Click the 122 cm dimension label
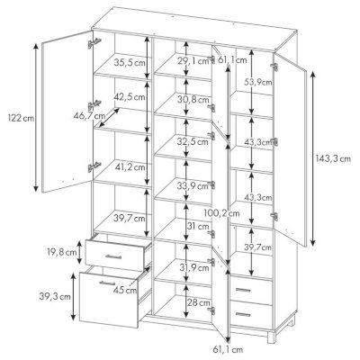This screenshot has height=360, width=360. click(x=22, y=118)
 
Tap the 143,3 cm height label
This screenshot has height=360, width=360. click(x=333, y=158)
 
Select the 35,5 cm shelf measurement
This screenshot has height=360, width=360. click(x=130, y=63)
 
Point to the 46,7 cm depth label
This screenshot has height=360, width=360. click(x=89, y=115)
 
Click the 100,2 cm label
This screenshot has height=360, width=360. click(x=221, y=213)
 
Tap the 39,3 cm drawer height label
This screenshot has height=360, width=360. click(x=55, y=297)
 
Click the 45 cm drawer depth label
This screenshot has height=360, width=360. click(x=125, y=290)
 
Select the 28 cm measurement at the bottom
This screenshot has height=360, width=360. click(x=199, y=302)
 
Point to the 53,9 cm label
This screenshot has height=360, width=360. click(x=258, y=82)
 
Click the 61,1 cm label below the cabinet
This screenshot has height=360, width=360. click(x=228, y=349)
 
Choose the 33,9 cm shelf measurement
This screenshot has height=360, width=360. click(x=193, y=186)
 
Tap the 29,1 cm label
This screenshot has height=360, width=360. click(x=193, y=61)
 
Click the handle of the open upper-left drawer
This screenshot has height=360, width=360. click(x=113, y=256)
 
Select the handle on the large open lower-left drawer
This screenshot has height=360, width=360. click(x=107, y=283)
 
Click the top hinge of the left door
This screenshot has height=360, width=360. click(x=94, y=43)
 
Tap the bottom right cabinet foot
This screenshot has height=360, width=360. click(x=272, y=337)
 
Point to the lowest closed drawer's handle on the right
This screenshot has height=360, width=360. click(x=243, y=314)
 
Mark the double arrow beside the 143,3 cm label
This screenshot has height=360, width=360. click(x=312, y=158)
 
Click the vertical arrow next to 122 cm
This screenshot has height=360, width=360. click(x=36, y=117)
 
